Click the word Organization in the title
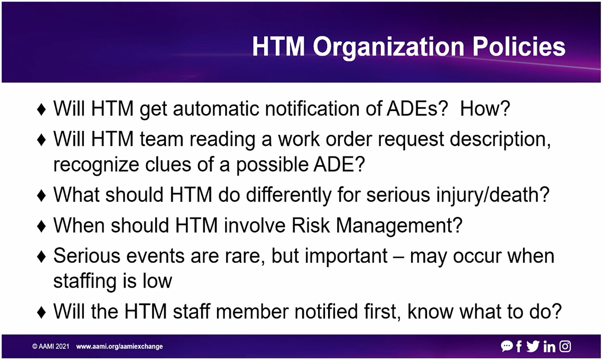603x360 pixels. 389,48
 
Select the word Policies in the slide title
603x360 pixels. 519,46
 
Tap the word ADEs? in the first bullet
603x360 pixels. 417,109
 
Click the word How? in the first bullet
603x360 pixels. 485,109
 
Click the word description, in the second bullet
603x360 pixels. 500,140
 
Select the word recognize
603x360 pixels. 96,165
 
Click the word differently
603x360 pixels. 288,195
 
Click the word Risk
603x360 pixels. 311,225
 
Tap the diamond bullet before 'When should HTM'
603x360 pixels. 41,226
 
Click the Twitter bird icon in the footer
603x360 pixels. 533,346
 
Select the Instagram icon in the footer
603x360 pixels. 565,346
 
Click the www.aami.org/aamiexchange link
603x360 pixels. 120,346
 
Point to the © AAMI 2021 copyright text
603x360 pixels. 51,346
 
